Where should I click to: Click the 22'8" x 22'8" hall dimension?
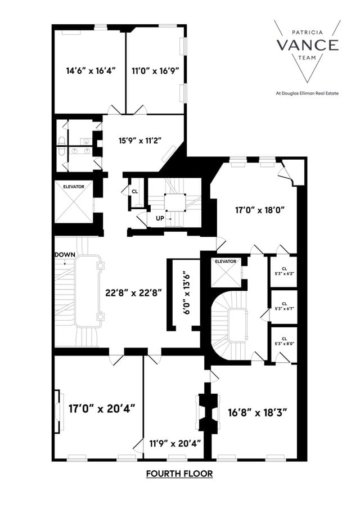tap(134, 292)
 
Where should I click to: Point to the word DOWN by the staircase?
tap(65, 255)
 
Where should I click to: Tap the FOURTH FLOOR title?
tap(179, 474)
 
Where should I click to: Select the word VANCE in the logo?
tap(307, 45)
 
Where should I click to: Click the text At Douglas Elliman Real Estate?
tap(307, 93)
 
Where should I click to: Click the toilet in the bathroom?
tap(61, 141)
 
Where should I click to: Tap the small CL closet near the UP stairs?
tap(134, 191)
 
